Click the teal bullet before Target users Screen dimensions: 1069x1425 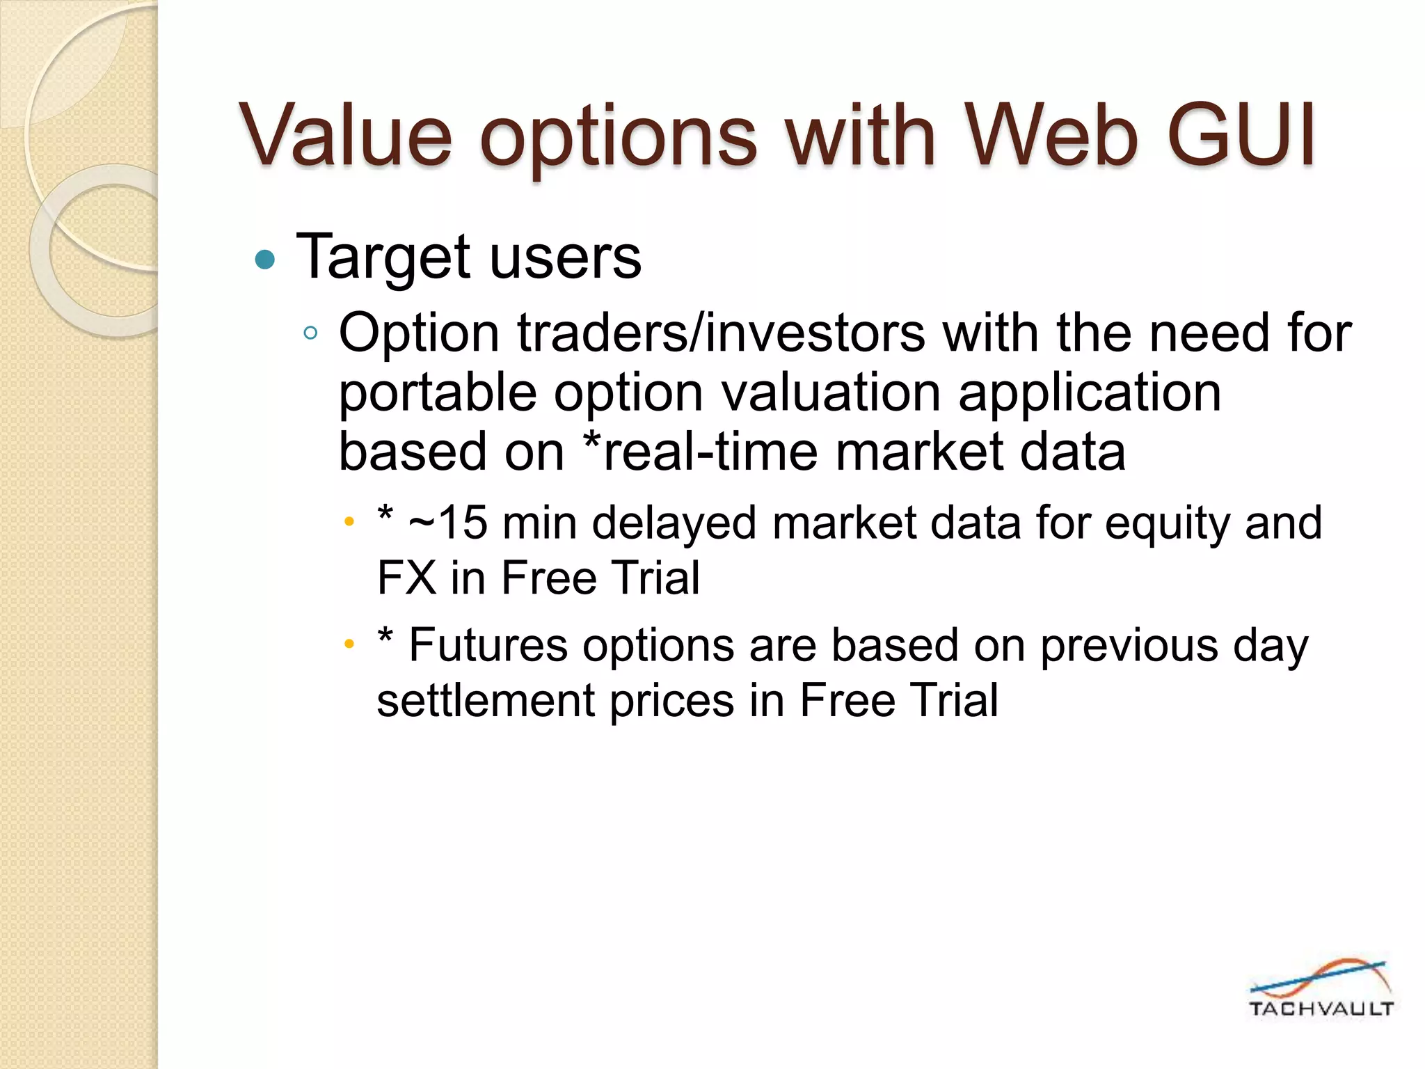pos(265,260)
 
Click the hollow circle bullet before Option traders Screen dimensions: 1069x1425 pos(310,333)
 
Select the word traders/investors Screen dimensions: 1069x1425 pos(722,333)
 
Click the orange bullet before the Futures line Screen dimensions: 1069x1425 pos(349,644)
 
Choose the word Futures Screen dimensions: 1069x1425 pos(488,645)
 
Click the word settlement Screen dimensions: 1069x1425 pos(485,700)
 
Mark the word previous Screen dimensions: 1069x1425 pos(1129,645)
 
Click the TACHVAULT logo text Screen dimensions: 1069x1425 pos(1321,1008)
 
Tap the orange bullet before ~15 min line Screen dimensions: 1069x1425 pos(349,521)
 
